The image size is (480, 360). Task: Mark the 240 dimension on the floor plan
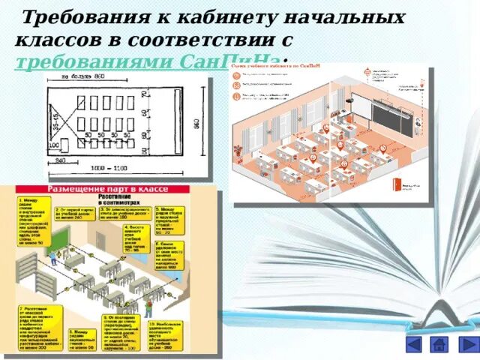[58, 160]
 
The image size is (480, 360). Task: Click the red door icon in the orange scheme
[405, 184]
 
